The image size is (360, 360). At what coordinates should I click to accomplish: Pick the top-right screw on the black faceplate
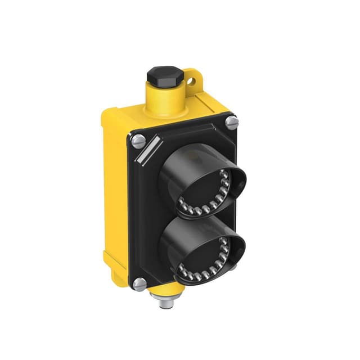(232, 120)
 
